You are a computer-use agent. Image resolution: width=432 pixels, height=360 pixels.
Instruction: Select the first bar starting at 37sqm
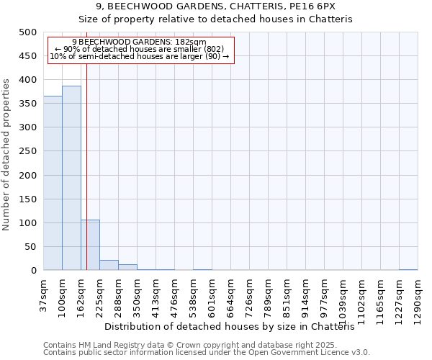coord(53,183)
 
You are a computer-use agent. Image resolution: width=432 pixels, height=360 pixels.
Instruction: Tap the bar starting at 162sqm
coord(90,245)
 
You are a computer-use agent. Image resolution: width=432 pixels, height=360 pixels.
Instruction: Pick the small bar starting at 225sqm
coord(109,265)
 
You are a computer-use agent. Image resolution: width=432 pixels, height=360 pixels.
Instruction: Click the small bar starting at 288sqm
coord(127,267)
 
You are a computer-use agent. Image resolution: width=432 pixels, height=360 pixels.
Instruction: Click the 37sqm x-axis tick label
coord(44,294)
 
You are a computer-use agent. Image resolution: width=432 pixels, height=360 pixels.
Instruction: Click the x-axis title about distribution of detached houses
coord(235,326)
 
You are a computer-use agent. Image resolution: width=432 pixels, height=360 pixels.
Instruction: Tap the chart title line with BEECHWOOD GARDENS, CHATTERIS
coord(215,6)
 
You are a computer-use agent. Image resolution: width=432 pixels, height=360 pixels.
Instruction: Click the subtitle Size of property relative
coord(215,19)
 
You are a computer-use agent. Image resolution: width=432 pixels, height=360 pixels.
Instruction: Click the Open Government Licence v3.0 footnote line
coord(207,352)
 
